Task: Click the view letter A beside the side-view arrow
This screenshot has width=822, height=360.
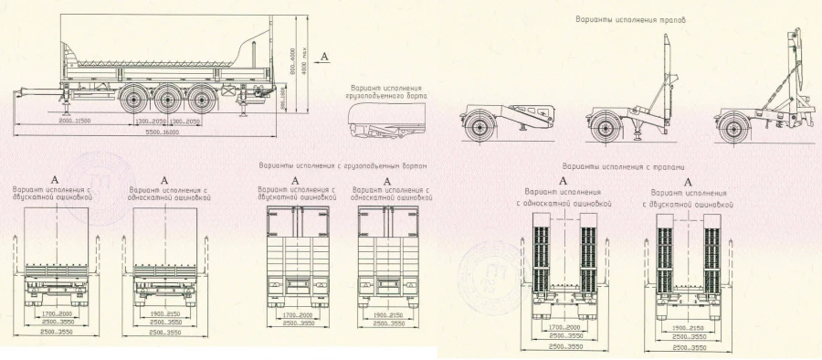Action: tap(324, 57)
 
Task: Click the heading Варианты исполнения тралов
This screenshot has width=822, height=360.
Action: tap(630, 18)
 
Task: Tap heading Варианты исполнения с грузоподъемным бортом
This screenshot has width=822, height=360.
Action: tap(342, 166)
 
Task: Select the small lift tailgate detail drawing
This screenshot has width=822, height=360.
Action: tap(387, 121)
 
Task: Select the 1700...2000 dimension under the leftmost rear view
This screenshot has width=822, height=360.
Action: tap(57, 313)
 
